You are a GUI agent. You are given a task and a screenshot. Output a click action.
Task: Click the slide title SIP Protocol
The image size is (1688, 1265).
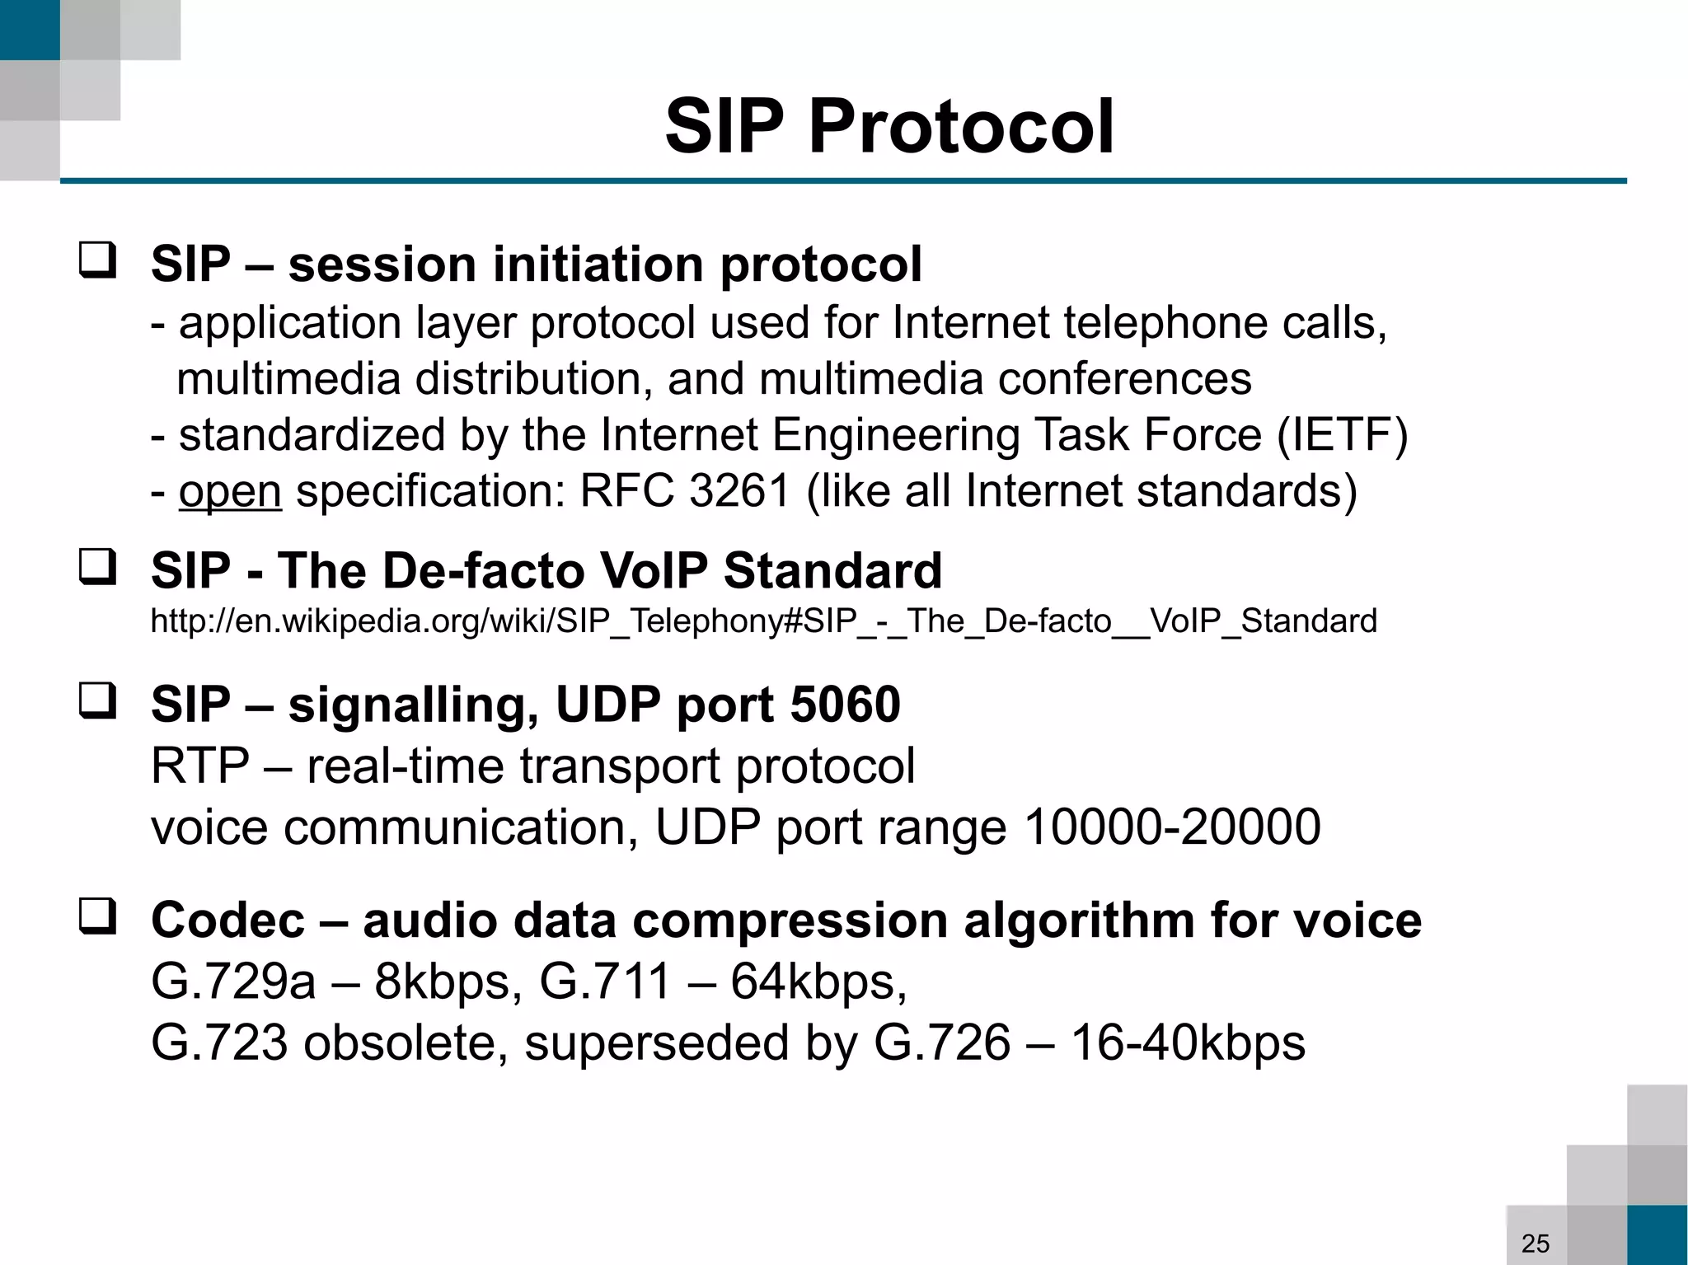click(889, 126)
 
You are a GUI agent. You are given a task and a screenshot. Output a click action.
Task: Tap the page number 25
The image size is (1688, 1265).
click(1535, 1243)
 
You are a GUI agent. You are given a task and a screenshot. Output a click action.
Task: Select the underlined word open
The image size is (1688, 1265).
click(230, 492)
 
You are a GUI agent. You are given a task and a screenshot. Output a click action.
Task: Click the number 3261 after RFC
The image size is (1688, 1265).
click(740, 491)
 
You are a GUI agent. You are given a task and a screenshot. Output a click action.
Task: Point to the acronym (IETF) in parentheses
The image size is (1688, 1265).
click(1342, 435)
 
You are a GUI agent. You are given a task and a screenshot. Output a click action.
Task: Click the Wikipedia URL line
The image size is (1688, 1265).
click(763, 621)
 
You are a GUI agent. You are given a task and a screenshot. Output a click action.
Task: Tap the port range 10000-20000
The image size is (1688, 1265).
click(1171, 827)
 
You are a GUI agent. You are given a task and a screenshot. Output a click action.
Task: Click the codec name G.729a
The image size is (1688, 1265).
click(233, 982)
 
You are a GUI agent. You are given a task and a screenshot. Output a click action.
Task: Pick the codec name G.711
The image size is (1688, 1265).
click(605, 982)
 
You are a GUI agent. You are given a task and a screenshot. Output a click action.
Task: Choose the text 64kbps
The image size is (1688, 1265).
click(818, 982)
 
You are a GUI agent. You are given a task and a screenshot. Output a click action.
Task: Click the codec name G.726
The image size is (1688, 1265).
click(941, 1042)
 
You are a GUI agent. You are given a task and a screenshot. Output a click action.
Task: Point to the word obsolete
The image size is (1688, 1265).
click(406, 1042)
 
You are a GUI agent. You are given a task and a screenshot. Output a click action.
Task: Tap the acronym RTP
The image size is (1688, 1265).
click(200, 766)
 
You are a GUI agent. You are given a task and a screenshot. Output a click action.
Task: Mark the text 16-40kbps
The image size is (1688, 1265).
click(1188, 1042)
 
